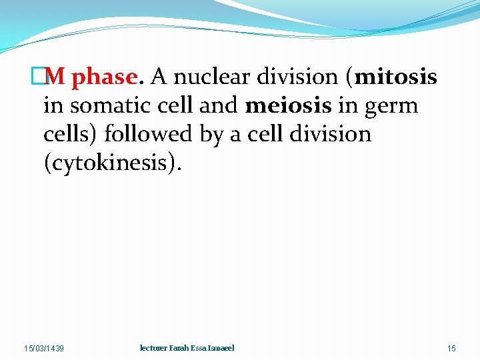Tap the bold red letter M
click(56, 77)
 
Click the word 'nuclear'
click(216, 77)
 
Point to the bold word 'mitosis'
click(396, 77)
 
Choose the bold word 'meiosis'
click(288, 106)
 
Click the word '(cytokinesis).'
click(111, 163)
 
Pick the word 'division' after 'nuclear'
click(302, 77)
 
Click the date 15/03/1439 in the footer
click(44, 349)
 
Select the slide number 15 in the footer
click(451, 349)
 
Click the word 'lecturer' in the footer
click(153, 348)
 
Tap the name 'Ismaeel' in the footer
click(221, 348)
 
